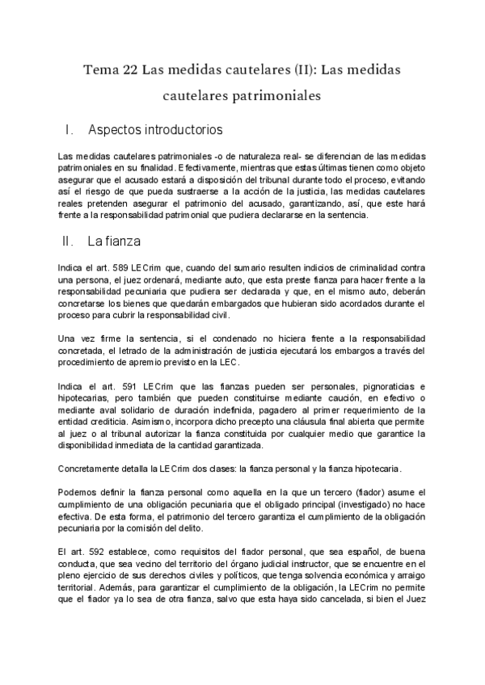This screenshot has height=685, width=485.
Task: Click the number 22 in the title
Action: coord(129,70)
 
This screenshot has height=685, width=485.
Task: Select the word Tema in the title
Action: coord(100,70)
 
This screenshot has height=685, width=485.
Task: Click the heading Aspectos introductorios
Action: coord(155,129)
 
